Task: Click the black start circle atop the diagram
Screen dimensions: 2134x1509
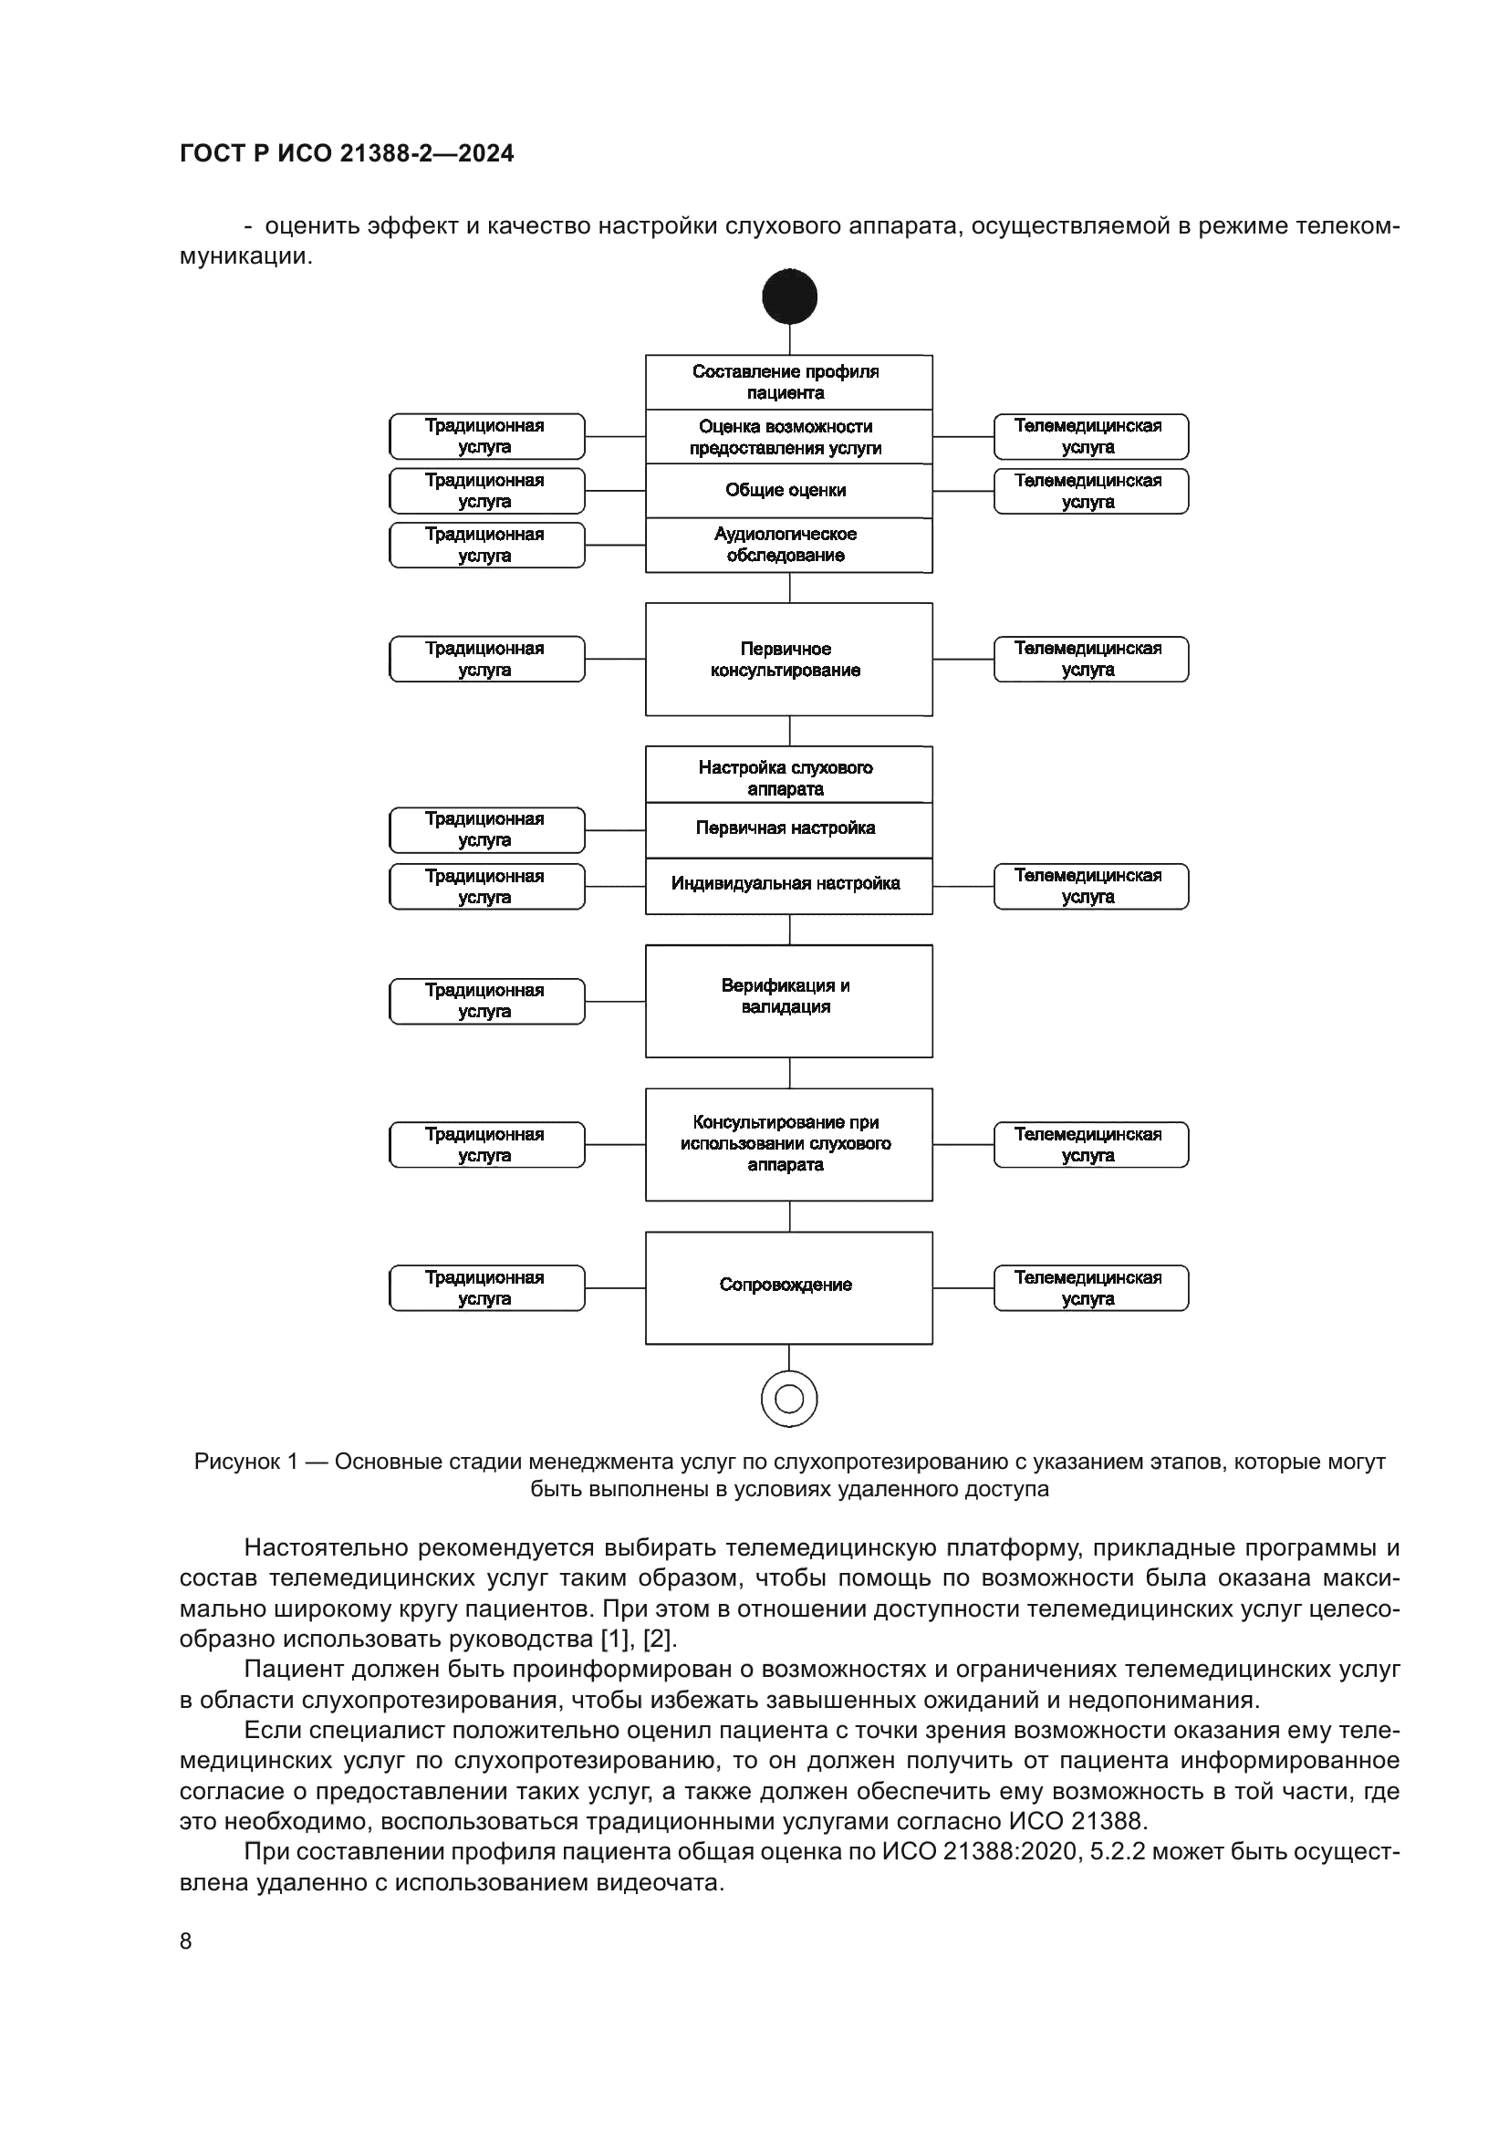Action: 789,297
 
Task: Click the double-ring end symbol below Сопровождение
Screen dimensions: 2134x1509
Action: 789,1398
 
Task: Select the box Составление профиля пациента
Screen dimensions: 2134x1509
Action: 788,382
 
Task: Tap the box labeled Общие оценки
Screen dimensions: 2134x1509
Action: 788,490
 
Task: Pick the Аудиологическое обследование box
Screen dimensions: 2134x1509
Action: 788,545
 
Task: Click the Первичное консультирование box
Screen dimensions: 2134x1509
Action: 788,659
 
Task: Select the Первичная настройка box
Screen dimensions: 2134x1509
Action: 788,828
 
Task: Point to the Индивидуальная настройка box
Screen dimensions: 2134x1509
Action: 788,884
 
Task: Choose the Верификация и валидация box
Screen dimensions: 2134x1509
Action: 788,1000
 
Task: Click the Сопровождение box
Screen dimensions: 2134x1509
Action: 788,1287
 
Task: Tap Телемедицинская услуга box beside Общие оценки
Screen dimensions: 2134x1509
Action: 1090,491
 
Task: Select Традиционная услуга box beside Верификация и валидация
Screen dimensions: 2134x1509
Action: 486,1001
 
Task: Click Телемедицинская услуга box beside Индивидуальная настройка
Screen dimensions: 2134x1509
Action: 1090,886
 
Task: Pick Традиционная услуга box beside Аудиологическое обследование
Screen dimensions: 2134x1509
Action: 486,545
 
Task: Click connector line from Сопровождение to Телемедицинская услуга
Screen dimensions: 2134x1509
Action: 963,1288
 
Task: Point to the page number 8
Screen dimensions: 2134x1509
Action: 186,1941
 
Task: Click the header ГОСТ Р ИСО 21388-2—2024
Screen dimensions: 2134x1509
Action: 347,153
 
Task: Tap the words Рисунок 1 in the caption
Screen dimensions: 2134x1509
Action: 245,1462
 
